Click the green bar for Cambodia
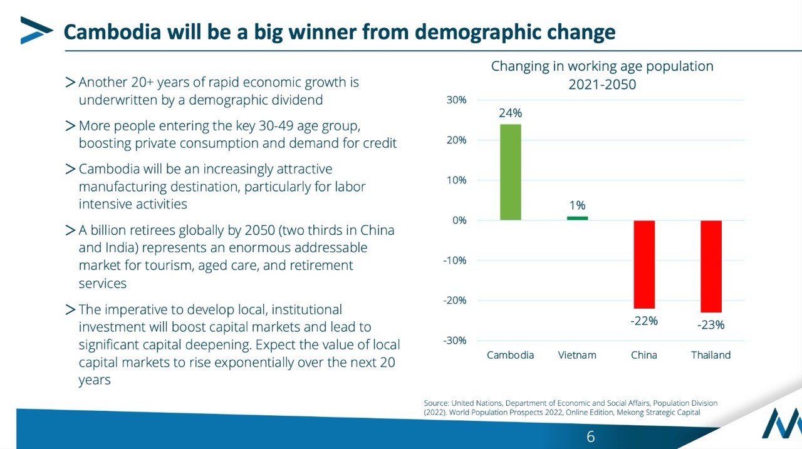coord(510,172)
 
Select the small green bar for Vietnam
coord(577,218)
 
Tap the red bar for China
coord(644,264)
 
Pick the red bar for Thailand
coord(711,266)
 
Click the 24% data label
coord(510,113)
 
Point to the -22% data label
coord(644,321)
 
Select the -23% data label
coord(711,325)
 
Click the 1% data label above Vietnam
coord(577,205)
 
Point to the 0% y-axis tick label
coord(459,220)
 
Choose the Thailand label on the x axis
coord(711,355)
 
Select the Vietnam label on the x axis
coord(577,355)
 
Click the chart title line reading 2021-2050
coord(601,85)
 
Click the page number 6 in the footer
coord(590,436)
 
